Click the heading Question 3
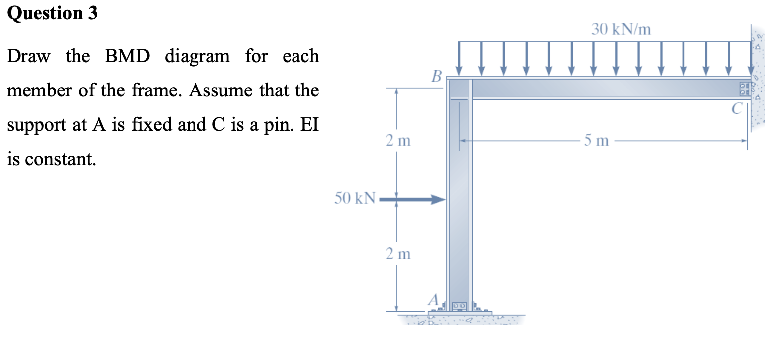(x=52, y=13)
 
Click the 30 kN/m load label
(x=621, y=29)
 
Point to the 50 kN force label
(x=355, y=198)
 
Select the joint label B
(x=437, y=76)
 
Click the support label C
(x=737, y=108)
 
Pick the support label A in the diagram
(x=433, y=300)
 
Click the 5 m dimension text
(x=596, y=141)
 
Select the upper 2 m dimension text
(x=398, y=141)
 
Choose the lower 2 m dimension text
(x=398, y=254)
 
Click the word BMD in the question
(x=127, y=56)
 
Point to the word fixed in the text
(x=152, y=124)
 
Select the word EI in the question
(x=309, y=124)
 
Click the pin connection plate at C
(x=745, y=89)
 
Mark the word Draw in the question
(x=29, y=56)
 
